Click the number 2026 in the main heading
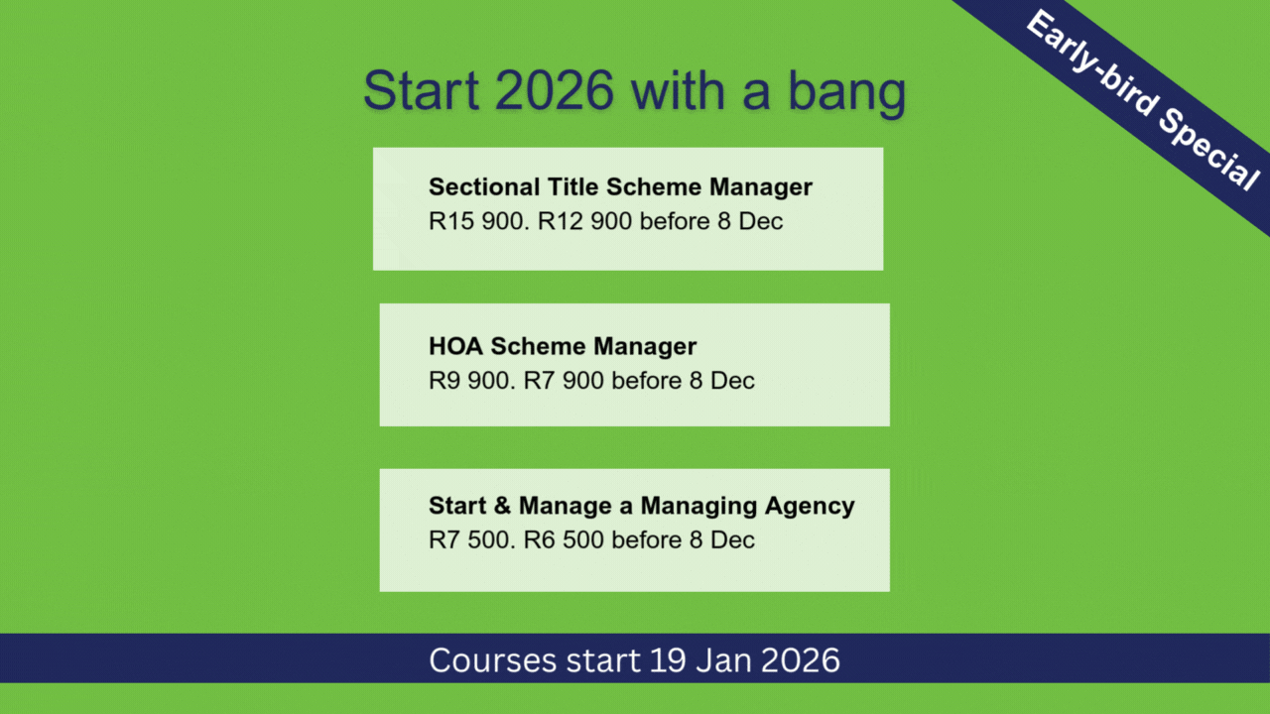554,89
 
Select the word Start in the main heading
422,89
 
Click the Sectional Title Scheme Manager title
620,187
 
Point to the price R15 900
479,221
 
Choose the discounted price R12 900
584,221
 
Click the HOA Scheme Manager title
563,346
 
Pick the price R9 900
472,380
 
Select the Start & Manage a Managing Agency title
641,506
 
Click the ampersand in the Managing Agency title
502,506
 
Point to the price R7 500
472,540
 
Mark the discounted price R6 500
564,540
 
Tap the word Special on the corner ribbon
1208,150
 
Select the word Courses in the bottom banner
493,660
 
